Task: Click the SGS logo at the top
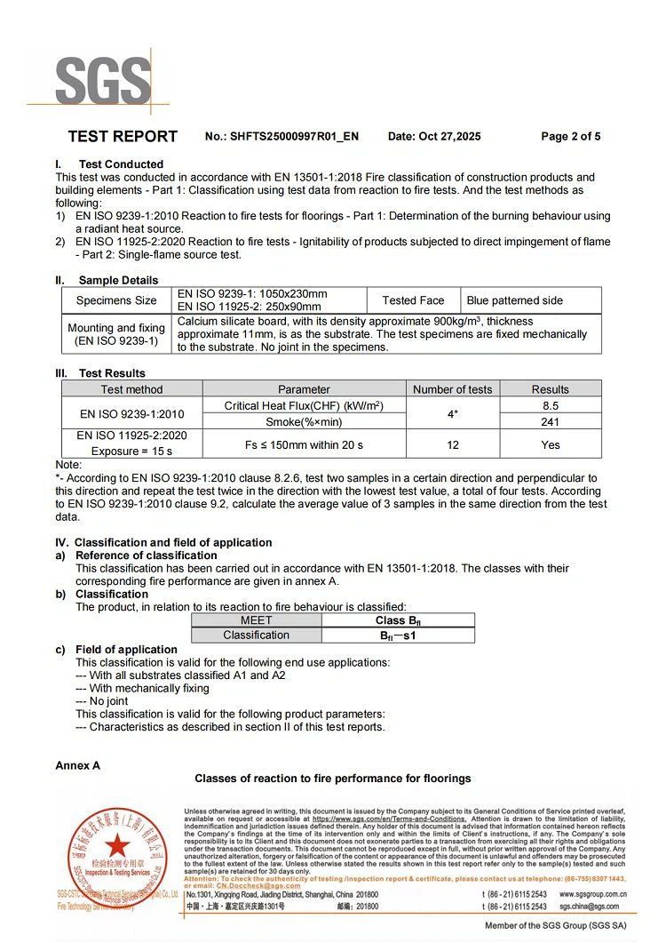(104, 82)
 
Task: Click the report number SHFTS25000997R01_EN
(294, 137)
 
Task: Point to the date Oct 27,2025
(434, 137)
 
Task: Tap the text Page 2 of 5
(570, 137)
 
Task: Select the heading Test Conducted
(121, 164)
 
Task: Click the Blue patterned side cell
(515, 300)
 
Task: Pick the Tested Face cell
(413, 300)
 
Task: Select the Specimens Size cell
(116, 300)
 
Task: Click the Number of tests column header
(452, 389)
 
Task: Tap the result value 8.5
(550, 405)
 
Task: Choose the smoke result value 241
(550, 421)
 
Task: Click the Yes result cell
(550, 444)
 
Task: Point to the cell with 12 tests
(452, 444)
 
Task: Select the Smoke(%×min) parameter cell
(304, 421)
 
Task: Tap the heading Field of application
(126, 650)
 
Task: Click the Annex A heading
(78, 765)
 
